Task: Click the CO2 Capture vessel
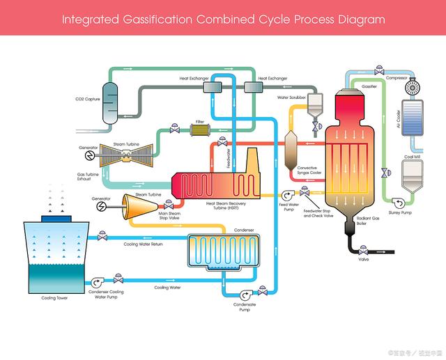click(110, 102)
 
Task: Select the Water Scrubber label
click(293, 97)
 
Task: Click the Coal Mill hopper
click(413, 177)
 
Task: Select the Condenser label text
click(244, 230)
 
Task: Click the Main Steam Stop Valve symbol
click(167, 206)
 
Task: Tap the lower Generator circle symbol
click(102, 207)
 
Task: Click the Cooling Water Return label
click(143, 244)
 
